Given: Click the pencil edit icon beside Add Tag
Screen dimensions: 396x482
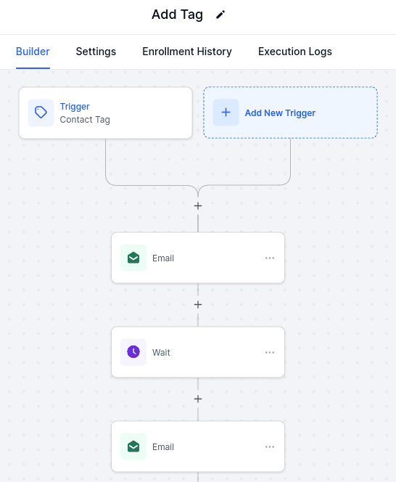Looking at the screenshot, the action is (x=220, y=15).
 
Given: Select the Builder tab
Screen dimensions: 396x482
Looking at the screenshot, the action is (x=33, y=52).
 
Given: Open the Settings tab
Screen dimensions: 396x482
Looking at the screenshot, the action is (x=96, y=52).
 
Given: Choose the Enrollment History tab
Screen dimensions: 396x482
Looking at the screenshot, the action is (x=187, y=52).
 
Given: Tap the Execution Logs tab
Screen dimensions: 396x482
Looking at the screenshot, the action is (x=295, y=52).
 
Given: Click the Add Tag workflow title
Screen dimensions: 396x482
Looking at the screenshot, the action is (x=177, y=15).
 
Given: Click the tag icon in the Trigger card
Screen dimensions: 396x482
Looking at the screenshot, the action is (x=41, y=113).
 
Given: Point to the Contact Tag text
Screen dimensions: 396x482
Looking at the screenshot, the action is (x=85, y=120).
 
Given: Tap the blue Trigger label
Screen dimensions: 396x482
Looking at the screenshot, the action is (x=75, y=107).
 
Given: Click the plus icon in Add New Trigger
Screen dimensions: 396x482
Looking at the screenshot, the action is (x=226, y=113).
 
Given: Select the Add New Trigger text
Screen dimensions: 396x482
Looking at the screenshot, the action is (x=280, y=113).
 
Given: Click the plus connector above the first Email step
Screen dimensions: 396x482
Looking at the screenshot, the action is (x=198, y=206).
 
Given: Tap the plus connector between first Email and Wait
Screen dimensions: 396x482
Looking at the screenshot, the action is (x=198, y=305).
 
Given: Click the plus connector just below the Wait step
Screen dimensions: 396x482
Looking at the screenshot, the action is (x=198, y=399).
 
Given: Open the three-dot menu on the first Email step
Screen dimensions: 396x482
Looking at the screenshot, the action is (x=270, y=258).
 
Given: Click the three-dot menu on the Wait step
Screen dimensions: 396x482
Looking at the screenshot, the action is (x=270, y=352).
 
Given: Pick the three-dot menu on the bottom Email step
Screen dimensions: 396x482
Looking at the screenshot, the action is (x=270, y=446).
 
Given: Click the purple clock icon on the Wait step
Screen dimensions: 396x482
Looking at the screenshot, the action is (x=133, y=352).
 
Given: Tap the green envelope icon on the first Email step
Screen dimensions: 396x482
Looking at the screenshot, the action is (x=133, y=258).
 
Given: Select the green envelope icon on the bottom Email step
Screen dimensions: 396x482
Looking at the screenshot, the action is (x=133, y=446).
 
